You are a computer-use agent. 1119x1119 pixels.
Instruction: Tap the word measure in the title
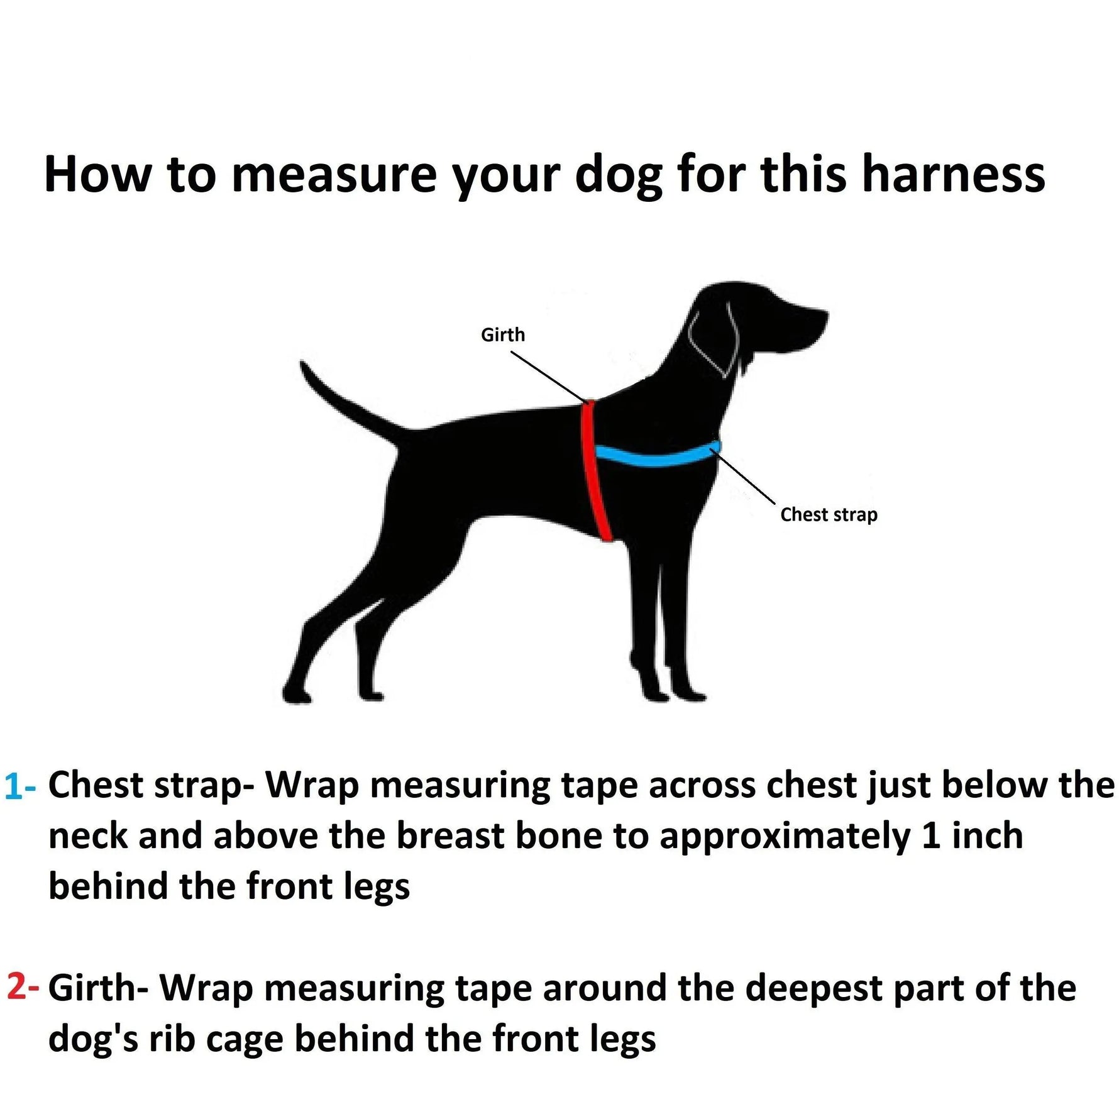click(334, 174)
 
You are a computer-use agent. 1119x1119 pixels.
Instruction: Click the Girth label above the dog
click(502, 335)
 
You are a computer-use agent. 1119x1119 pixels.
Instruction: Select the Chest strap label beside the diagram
click(829, 515)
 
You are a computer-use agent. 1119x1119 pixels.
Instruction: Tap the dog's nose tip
click(825, 314)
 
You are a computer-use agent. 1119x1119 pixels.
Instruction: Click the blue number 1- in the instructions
click(20, 787)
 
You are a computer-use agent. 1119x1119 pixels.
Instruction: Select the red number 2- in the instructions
click(23, 988)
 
